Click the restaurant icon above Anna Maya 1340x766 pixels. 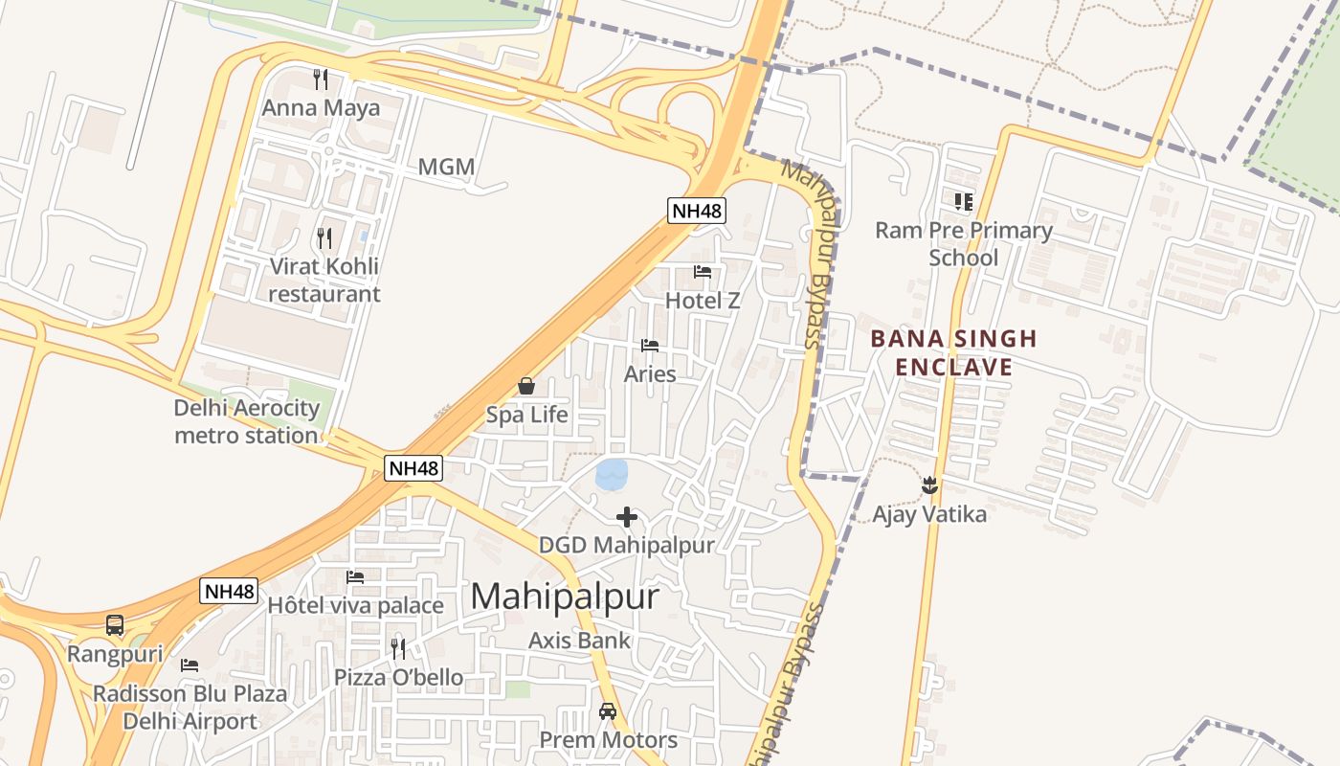click(x=321, y=79)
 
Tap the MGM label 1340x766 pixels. click(x=446, y=167)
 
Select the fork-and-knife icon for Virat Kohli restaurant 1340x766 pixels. click(x=324, y=237)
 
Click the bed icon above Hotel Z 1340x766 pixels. click(x=703, y=272)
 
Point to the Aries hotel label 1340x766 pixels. click(x=650, y=374)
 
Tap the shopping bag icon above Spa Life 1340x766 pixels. click(x=526, y=386)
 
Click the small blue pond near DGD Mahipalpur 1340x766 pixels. click(x=612, y=473)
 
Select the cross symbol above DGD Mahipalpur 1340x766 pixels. click(x=627, y=517)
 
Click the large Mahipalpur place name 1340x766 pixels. click(x=565, y=597)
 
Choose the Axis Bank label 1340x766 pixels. click(x=580, y=641)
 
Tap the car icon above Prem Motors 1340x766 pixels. click(x=608, y=711)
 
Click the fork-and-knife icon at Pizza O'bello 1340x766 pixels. click(x=398, y=649)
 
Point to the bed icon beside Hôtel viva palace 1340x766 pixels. click(x=355, y=577)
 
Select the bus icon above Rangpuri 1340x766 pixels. click(x=115, y=625)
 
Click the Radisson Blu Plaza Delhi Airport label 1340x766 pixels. click(x=190, y=708)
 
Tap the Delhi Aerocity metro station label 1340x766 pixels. click(x=246, y=421)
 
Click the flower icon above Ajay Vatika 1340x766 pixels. click(x=929, y=485)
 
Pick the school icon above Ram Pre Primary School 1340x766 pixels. click(x=963, y=201)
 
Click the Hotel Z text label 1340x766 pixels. click(x=703, y=301)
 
